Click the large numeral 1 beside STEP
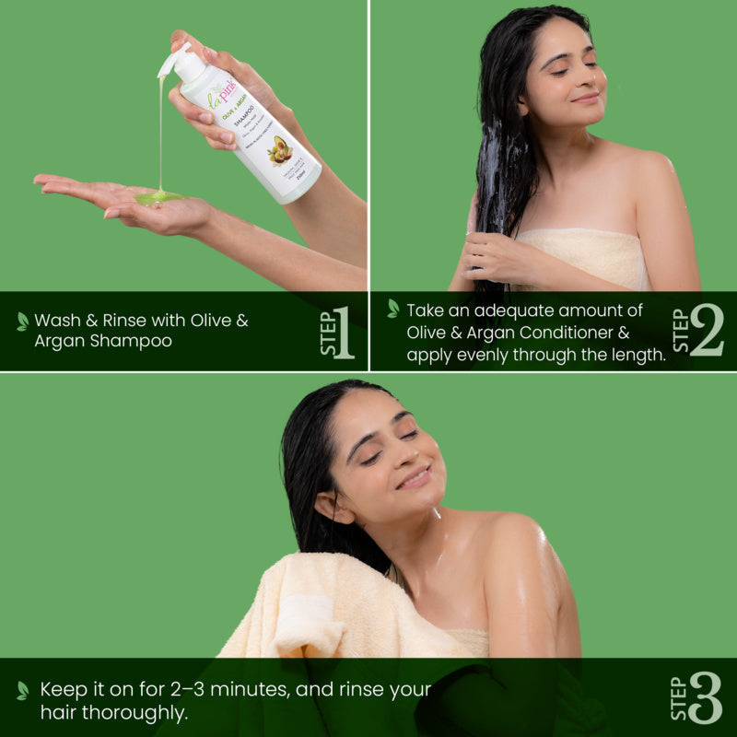click(x=344, y=333)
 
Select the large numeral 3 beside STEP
click(x=705, y=697)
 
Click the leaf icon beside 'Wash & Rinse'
click(x=22, y=321)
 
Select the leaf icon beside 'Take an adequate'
click(x=393, y=309)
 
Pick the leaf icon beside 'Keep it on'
click(x=22, y=689)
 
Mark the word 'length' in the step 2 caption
click(x=635, y=354)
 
